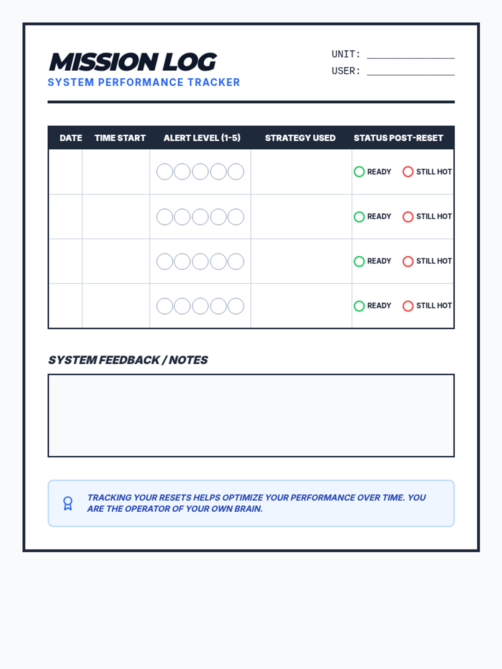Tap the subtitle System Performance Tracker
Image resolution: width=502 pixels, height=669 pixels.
pos(143,82)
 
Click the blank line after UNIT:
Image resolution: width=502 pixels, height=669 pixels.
pos(410,55)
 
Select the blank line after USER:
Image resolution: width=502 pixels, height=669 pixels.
pos(410,71)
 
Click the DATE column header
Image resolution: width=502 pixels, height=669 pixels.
pos(71,138)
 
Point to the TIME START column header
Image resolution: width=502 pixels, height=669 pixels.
pos(120,138)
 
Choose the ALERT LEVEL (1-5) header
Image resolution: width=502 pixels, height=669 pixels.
pos(202,138)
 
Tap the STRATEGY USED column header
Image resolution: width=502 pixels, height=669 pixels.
pos(300,138)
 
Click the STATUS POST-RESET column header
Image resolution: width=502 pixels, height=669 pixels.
pos(398,138)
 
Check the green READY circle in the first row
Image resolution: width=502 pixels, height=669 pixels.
pos(359,172)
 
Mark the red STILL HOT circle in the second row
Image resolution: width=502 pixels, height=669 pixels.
pos(408,217)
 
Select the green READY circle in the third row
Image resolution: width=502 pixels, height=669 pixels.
pos(359,261)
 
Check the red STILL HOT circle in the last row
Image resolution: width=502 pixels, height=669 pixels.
pos(408,306)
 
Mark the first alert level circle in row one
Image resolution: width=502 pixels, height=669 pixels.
pos(164,172)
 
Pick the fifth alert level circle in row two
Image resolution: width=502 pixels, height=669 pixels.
pos(236,217)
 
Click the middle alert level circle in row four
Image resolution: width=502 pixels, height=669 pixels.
pos(200,306)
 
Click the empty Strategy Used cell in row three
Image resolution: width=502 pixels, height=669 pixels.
pos(301,261)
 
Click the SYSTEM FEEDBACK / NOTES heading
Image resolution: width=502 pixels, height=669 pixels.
pos(128,360)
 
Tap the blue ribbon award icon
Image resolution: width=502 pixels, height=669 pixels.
pos(68,503)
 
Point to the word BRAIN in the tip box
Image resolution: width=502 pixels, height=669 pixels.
pos(250,509)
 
